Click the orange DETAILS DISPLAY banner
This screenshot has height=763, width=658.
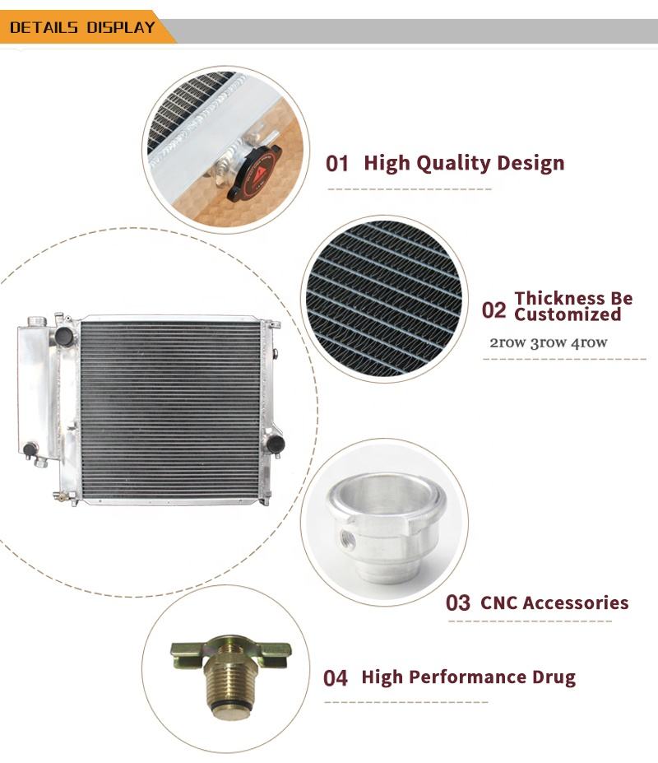pos(85,27)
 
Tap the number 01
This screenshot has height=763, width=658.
pos(337,164)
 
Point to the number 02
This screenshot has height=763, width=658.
pos(494,310)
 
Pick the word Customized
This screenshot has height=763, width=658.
pos(568,314)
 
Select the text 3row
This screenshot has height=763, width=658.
pos(549,342)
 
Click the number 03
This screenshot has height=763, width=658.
pos(458,602)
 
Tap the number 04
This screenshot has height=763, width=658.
pos(336,678)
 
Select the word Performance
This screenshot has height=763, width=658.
pos(467,677)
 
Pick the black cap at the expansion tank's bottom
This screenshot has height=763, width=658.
pos(30,449)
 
